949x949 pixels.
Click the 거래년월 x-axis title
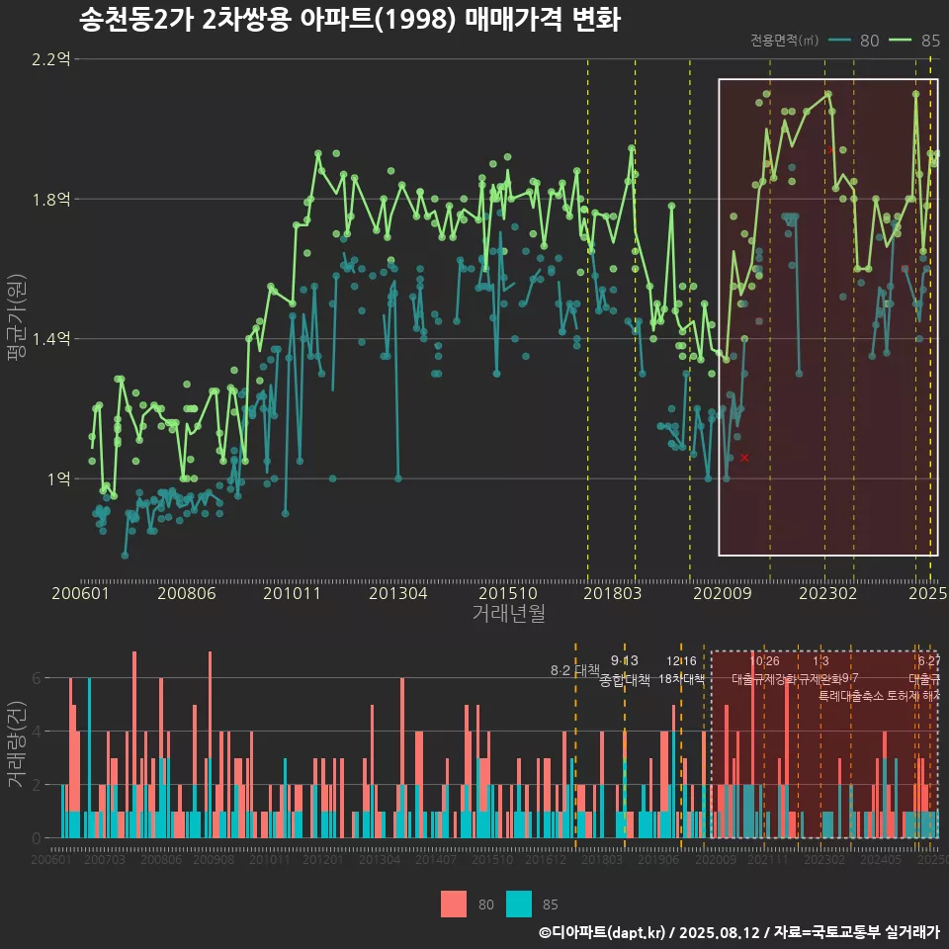[x=508, y=613]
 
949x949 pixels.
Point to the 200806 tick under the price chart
[x=189, y=593]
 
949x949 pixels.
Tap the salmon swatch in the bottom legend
[x=454, y=904]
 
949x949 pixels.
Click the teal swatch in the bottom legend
[x=519, y=904]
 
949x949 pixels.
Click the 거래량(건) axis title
[x=17, y=744]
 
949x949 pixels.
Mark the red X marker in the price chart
[x=743, y=458]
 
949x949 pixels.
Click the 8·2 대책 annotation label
[x=575, y=670]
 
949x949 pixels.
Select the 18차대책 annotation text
[x=681, y=679]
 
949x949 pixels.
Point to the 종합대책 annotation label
[x=625, y=680]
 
